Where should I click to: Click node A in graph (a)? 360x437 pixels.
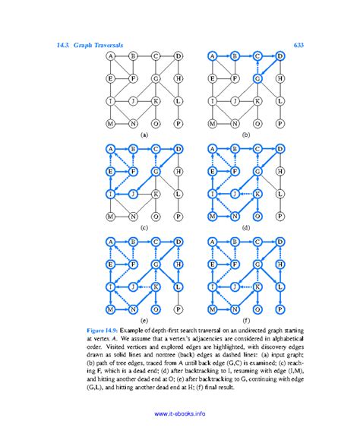tap(111, 56)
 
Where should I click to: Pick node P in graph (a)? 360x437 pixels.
tap(178, 122)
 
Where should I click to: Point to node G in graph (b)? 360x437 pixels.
tap(257, 78)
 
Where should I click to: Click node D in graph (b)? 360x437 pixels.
tap(280, 56)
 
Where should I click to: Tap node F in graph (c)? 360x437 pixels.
tap(133, 172)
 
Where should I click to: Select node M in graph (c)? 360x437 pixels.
tap(111, 216)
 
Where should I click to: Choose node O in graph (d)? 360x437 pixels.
tap(257, 216)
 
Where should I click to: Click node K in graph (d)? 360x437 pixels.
tap(257, 194)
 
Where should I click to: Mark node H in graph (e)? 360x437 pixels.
tap(178, 265)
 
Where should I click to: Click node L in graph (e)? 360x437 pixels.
tap(178, 287)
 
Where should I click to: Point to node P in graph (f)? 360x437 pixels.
tap(280, 309)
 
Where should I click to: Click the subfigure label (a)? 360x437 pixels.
tap(144, 135)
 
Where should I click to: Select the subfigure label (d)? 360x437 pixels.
tap(246, 228)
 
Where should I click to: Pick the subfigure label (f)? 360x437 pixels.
tap(246, 321)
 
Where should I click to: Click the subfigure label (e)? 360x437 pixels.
tap(144, 321)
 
